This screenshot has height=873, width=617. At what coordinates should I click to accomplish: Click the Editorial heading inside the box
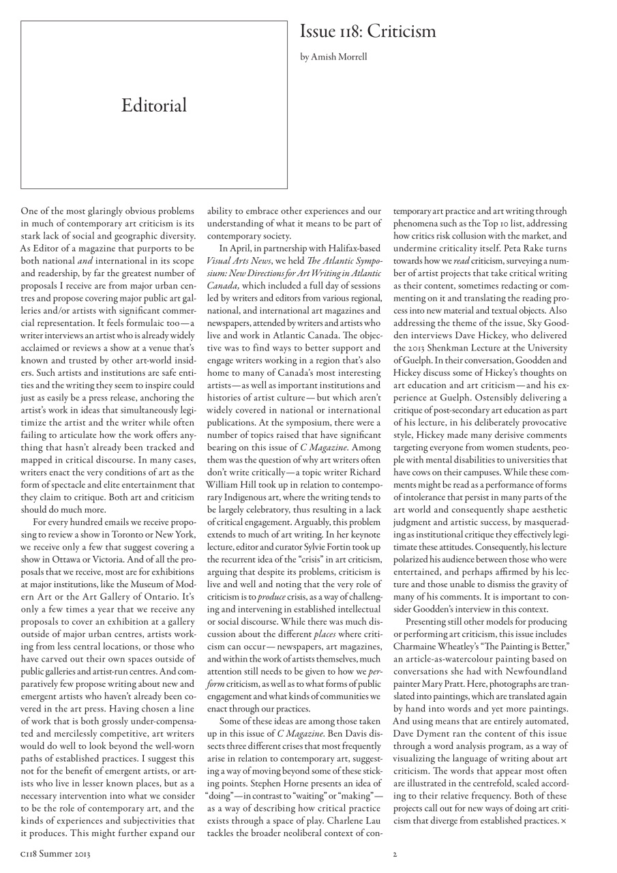(x=154, y=105)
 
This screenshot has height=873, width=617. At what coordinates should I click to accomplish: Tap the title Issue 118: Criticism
(x=367, y=31)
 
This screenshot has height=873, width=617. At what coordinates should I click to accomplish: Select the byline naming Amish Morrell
(x=333, y=57)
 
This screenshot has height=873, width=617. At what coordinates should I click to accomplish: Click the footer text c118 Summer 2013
(x=56, y=853)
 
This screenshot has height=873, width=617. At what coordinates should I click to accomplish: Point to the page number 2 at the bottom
(x=395, y=853)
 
